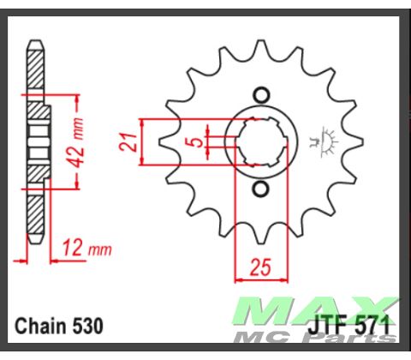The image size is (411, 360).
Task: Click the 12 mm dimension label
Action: tap(86, 249)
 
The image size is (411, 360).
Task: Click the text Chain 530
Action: tap(60, 327)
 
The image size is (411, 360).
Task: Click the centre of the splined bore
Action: tap(262, 141)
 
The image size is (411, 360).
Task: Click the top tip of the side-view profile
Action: tap(34, 43)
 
